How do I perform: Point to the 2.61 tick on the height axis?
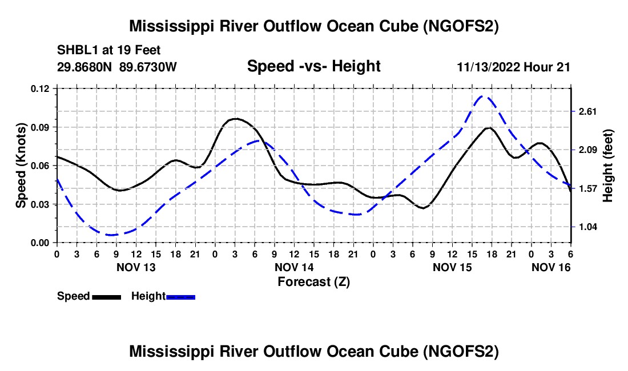point(587,111)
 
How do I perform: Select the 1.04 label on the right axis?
point(587,227)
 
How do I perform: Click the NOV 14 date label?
point(294,267)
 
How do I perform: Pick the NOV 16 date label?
point(551,267)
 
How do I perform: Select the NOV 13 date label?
point(136,267)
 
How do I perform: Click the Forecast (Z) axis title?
point(313,282)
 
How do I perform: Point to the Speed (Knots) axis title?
point(21,166)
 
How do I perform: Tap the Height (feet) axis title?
point(607,166)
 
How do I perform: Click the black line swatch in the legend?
point(107,297)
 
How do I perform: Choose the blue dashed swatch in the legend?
point(180,297)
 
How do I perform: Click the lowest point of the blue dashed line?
point(111,235)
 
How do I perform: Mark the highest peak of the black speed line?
point(236,119)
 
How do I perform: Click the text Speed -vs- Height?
point(313,66)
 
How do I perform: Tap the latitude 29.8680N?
point(84,67)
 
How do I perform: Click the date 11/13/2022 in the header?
point(489,67)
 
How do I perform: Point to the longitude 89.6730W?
point(148,67)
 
